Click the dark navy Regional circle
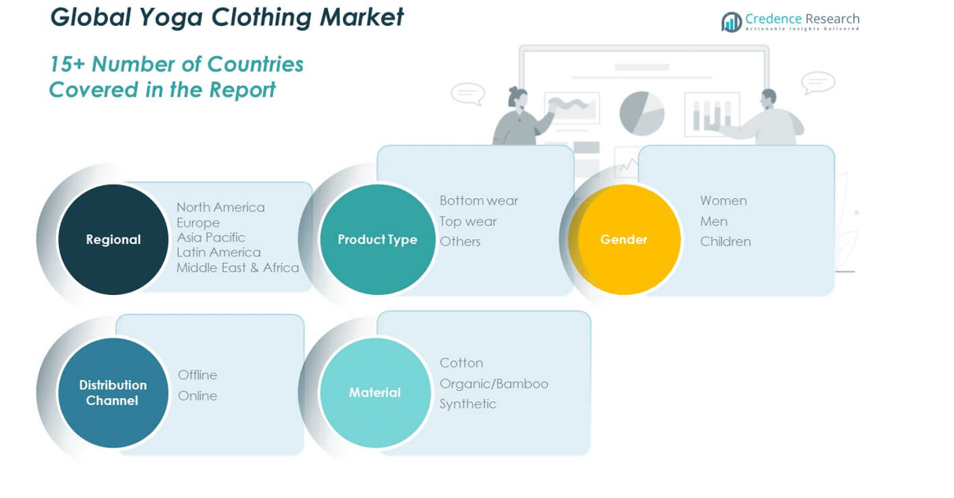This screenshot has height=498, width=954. click(x=113, y=239)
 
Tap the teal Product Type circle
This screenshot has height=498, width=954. click(x=377, y=239)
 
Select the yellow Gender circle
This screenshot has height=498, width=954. click(x=625, y=239)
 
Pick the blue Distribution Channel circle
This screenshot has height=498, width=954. click(x=113, y=393)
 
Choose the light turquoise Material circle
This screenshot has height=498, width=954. click(x=375, y=393)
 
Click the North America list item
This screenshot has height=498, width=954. click(x=220, y=208)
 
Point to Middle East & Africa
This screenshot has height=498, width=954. click(x=238, y=267)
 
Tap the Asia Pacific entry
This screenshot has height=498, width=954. click(x=211, y=238)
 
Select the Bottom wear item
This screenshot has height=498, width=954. click(x=479, y=201)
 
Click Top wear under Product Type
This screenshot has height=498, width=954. click(x=468, y=221)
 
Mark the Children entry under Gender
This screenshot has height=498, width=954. click(x=725, y=242)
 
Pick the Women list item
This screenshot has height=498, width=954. click(x=723, y=201)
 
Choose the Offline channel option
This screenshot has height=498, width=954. click(x=198, y=375)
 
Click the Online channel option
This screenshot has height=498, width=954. click(x=198, y=396)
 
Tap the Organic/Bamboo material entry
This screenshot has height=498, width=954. click(x=494, y=384)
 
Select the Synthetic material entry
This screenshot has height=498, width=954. click(x=468, y=404)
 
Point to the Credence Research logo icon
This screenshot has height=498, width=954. click(x=731, y=22)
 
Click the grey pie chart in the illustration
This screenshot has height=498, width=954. click(x=642, y=113)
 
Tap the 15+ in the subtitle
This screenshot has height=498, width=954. click(x=66, y=65)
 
